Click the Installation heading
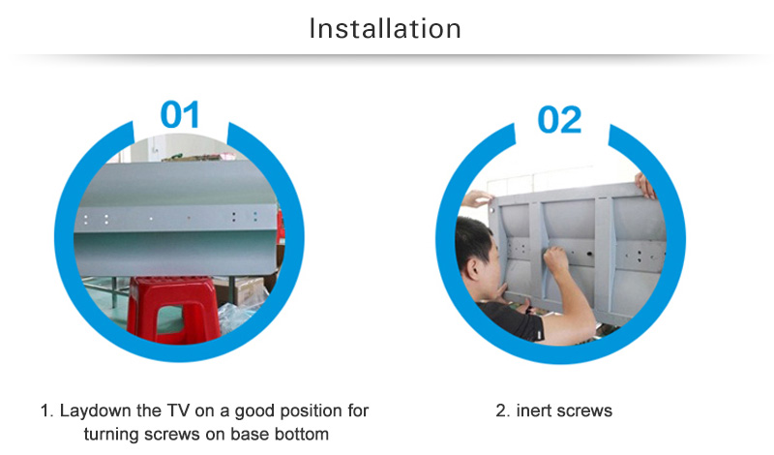(385, 28)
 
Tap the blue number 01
(180, 114)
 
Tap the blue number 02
(559, 119)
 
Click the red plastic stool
(173, 310)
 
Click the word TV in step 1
(178, 410)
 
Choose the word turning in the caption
(112, 435)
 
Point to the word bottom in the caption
(302, 435)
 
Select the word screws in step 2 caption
(587, 411)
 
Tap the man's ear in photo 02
(474, 269)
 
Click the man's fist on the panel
(555, 260)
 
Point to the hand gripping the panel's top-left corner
(477, 198)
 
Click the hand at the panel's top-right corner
(645, 186)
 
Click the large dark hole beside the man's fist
(589, 255)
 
